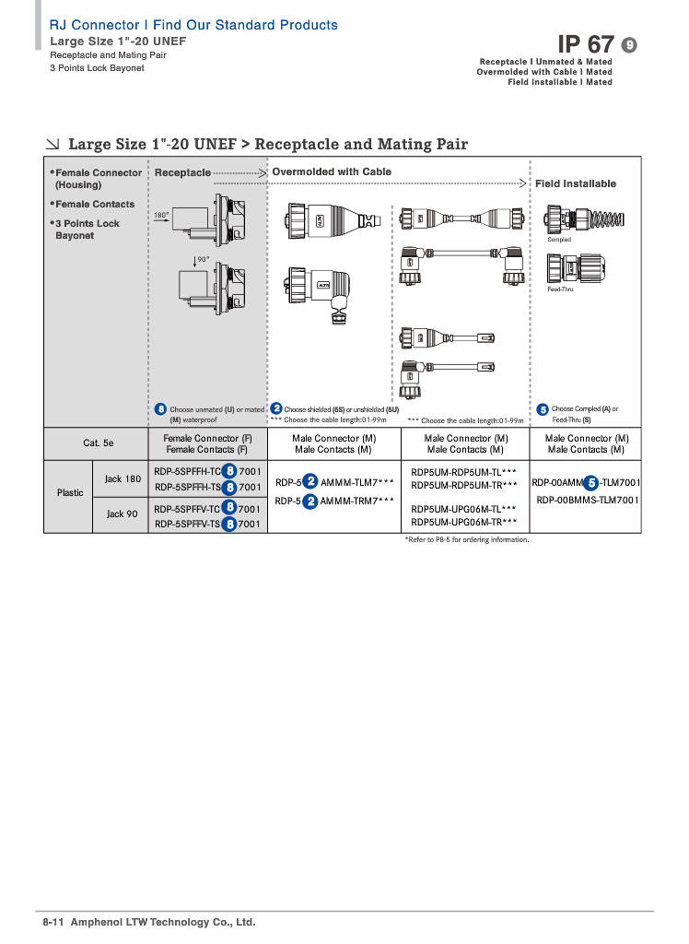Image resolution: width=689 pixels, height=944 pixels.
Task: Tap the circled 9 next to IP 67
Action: tap(630, 45)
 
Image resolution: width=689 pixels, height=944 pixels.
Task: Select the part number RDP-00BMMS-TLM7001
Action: tap(588, 500)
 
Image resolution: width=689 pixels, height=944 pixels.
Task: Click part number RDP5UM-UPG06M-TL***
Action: tap(463, 509)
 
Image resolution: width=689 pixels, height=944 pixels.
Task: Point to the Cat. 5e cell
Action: tap(99, 443)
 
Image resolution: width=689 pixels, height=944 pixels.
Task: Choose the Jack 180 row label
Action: tap(123, 479)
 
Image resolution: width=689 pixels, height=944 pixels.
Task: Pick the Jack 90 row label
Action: tap(122, 513)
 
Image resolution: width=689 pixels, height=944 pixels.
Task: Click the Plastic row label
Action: tap(70, 492)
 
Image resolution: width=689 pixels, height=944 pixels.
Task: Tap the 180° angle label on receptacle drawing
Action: tap(161, 215)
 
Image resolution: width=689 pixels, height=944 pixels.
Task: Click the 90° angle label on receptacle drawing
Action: tap(203, 260)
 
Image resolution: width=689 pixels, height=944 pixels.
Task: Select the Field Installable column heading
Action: tap(576, 183)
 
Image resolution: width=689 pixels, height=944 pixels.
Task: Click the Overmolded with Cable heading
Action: tap(332, 171)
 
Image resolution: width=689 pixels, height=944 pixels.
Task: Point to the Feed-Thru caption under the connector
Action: tap(560, 289)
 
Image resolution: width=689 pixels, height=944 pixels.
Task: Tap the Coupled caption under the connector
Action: tap(559, 240)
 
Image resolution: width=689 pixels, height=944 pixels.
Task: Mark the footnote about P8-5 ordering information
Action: tap(467, 539)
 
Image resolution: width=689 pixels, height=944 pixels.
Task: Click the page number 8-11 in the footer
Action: tap(52, 922)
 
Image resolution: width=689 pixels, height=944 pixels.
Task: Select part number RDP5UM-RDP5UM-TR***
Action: tap(463, 485)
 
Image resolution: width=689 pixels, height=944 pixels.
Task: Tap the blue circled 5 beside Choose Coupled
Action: tap(543, 409)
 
